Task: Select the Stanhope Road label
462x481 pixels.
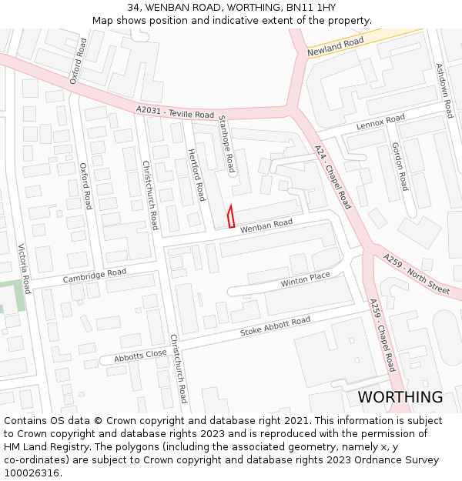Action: click(226, 143)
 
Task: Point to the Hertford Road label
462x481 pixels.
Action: click(196, 175)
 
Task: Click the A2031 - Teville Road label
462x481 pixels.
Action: click(175, 112)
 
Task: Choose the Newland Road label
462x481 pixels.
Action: click(335, 47)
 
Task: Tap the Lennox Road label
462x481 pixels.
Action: click(380, 122)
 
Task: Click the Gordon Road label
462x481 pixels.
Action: click(400, 166)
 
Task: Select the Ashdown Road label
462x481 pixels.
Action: click(444, 91)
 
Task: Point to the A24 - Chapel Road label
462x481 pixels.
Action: click(333, 176)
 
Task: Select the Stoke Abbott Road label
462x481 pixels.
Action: click(275, 326)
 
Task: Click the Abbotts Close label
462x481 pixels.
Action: click(140, 356)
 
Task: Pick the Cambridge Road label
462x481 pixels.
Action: click(95, 276)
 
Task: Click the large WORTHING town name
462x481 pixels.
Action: click(400, 397)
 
